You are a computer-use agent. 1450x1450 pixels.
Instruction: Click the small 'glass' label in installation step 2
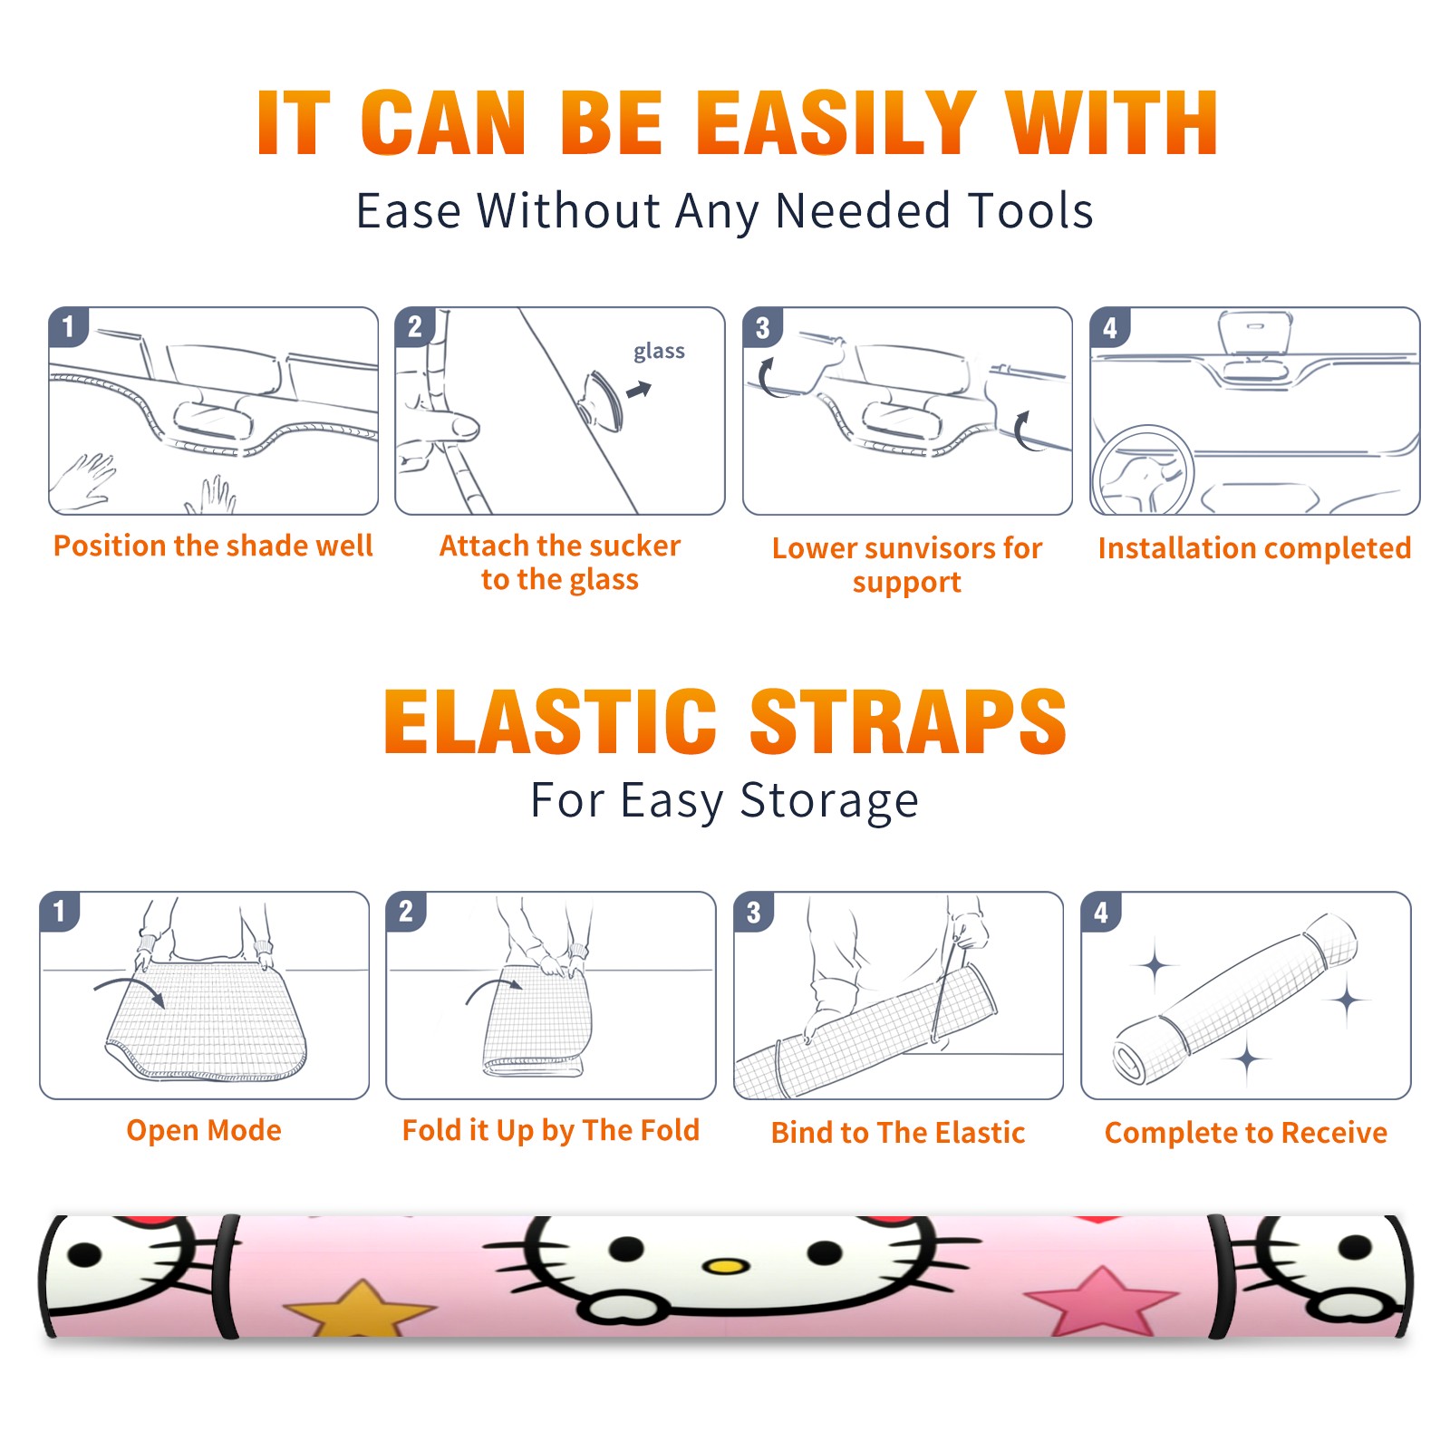(x=659, y=352)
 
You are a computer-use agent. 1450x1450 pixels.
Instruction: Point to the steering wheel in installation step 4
(x=1144, y=470)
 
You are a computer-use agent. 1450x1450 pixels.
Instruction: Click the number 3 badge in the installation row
(x=762, y=328)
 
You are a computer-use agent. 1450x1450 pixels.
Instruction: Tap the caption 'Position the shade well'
(x=213, y=546)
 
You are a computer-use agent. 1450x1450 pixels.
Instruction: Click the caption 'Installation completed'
(x=1254, y=547)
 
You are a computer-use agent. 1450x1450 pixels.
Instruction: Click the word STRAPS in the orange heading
(x=908, y=721)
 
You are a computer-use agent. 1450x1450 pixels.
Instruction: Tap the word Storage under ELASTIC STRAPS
(x=829, y=801)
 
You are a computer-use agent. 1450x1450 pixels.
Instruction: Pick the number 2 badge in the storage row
(x=406, y=912)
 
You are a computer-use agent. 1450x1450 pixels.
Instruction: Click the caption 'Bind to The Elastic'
(x=898, y=1132)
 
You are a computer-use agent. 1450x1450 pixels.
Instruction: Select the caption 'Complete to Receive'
(x=1246, y=1132)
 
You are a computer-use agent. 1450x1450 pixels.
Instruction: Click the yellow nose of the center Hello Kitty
(x=725, y=1265)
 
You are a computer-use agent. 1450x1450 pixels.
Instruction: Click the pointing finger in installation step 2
(x=442, y=426)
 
